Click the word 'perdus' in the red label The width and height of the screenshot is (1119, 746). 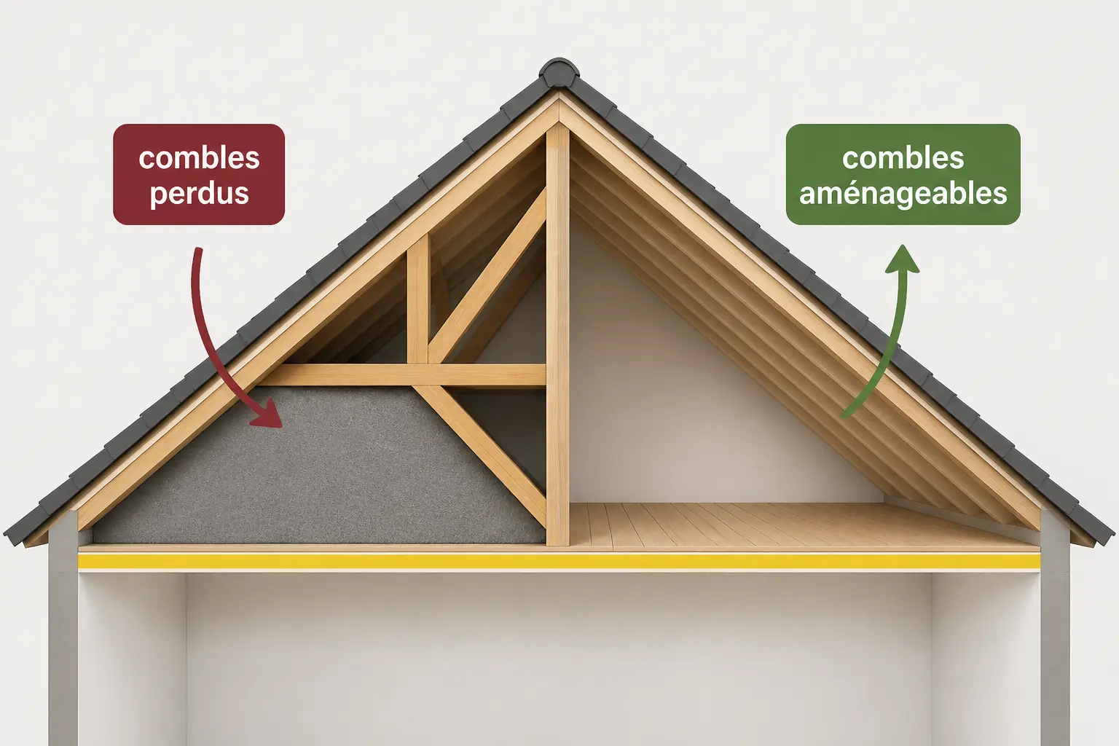[x=200, y=194]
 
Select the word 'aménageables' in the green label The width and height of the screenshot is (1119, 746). [x=903, y=194]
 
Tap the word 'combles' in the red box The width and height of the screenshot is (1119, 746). [x=200, y=158]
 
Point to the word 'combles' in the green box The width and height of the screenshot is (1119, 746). [x=903, y=158]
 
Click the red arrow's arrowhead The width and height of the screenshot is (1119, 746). [x=267, y=414]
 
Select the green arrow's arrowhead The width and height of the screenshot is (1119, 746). [x=902, y=259]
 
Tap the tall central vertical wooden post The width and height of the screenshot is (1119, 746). [x=558, y=335]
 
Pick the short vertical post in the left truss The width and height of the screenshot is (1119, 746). [x=418, y=299]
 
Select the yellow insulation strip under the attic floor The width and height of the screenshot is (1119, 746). [x=559, y=562]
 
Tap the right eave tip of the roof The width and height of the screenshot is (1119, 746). [x=1111, y=535]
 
